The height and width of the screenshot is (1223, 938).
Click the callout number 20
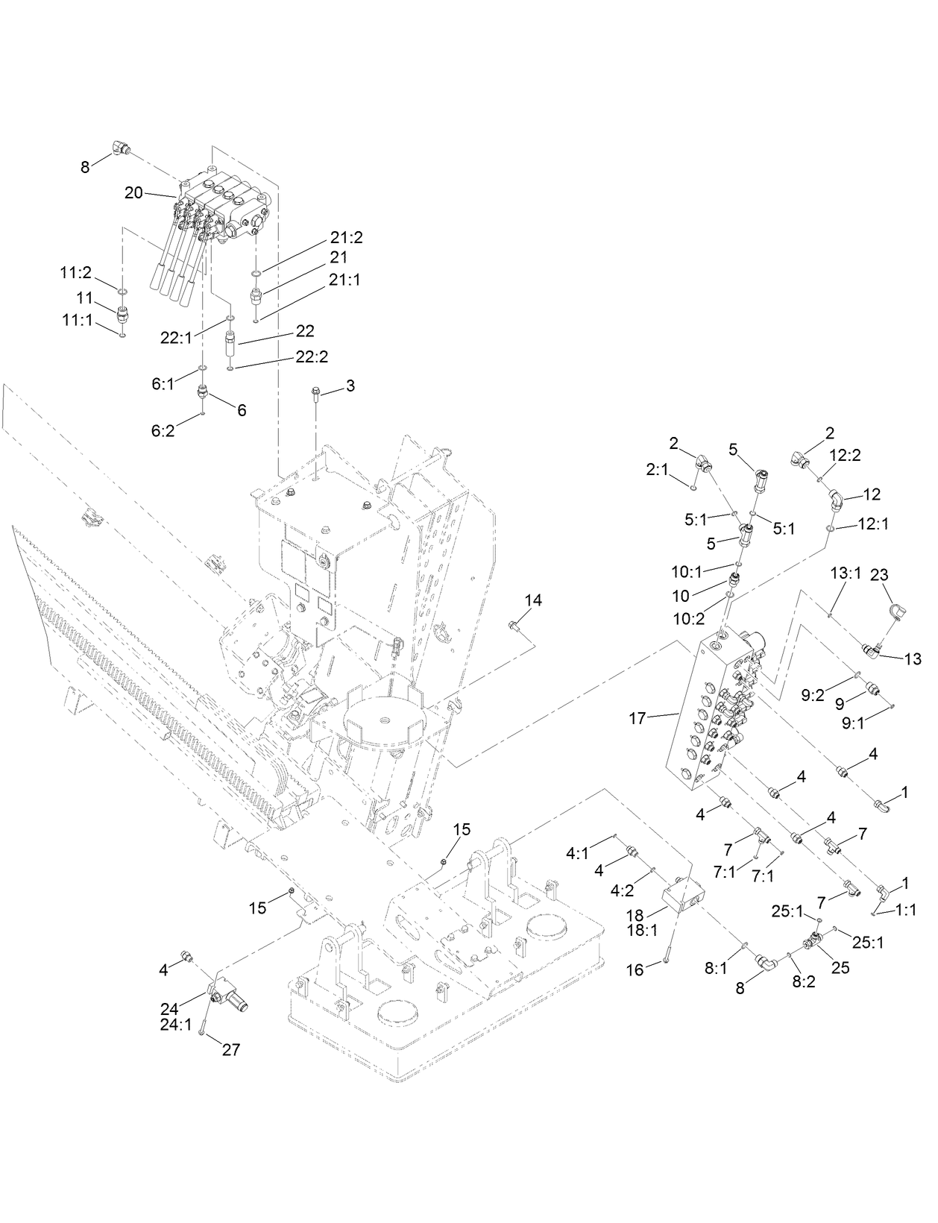[x=133, y=192]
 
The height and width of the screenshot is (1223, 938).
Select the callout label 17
[x=637, y=720]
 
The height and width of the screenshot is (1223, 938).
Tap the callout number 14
[x=533, y=600]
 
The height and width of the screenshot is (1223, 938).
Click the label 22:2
[x=312, y=357]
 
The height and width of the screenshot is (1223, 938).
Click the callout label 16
[x=635, y=970]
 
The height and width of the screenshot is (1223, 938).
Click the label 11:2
[x=76, y=273]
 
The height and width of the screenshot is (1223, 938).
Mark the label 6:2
[x=163, y=431]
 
